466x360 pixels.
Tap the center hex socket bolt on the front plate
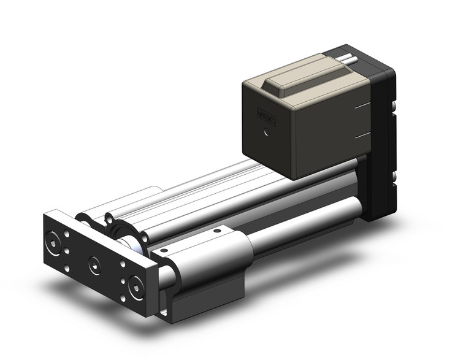point(94,264)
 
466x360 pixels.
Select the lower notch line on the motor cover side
point(362,135)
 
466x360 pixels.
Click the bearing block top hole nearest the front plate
point(163,250)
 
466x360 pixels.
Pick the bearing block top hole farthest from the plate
point(216,232)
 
